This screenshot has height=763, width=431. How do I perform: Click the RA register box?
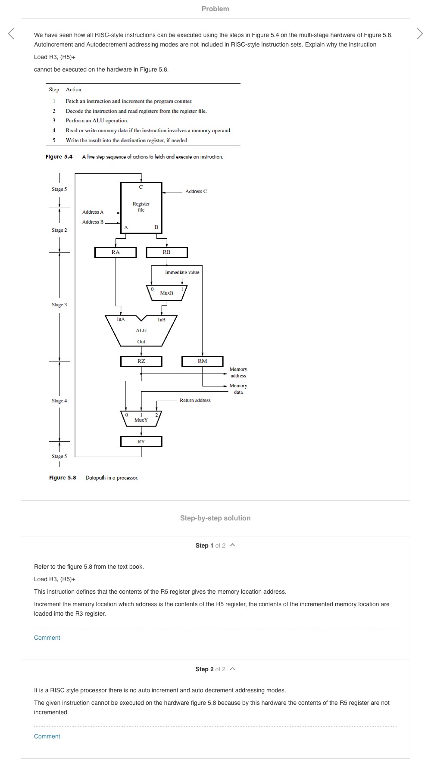tap(116, 252)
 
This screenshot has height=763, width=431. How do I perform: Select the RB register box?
tap(167, 252)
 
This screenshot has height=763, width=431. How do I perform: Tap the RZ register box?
tap(141, 361)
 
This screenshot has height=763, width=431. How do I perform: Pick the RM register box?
tap(202, 361)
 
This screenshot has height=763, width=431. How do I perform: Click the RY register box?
tap(141, 442)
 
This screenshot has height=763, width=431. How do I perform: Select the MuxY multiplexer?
tap(141, 419)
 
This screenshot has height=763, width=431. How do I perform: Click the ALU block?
tap(141, 331)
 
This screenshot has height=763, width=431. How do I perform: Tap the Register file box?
tap(141, 207)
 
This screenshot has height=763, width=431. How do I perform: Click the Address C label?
tap(196, 191)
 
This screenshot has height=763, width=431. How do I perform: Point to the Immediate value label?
tap(182, 272)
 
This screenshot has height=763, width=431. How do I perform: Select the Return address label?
tap(195, 400)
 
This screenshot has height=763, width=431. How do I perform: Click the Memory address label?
tap(238, 373)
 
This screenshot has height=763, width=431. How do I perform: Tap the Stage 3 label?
tap(59, 305)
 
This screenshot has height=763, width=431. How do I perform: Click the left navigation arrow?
tap(11, 34)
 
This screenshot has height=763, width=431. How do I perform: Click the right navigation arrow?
tap(420, 34)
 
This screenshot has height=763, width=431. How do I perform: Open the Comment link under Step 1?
tap(47, 638)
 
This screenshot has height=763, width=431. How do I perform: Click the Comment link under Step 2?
tap(47, 736)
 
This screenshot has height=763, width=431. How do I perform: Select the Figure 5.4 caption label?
tap(59, 157)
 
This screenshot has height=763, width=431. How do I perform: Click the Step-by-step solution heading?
tap(215, 518)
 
